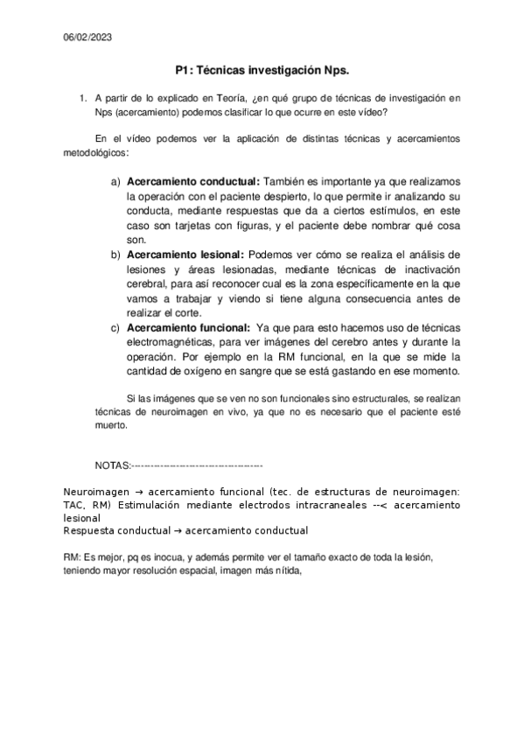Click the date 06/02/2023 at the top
point(87,38)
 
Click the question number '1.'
point(83,97)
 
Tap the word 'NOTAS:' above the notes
point(112,465)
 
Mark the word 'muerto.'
point(110,426)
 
